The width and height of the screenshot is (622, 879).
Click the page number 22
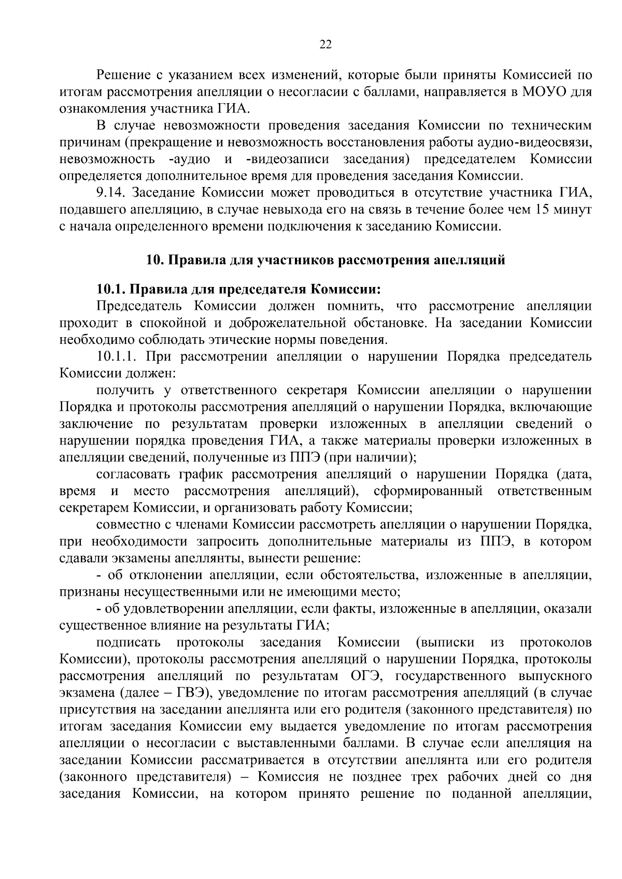(x=325, y=45)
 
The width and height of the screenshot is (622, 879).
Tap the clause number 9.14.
(x=111, y=193)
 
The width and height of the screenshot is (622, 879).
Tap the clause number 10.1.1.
(x=118, y=357)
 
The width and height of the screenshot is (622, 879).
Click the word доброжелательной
(x=291, y=323)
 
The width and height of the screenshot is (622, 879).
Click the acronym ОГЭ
(x=360, y=676)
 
